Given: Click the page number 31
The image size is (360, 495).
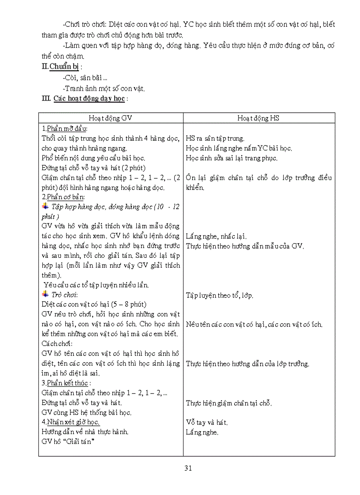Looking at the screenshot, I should point(188,468).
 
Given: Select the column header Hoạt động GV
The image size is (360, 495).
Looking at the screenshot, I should point(110,118).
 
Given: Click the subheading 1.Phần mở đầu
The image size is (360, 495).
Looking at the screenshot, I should point(65,128).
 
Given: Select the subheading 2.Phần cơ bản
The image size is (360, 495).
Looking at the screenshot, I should point(64,197).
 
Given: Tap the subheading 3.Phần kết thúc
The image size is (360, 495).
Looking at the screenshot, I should point(65,383).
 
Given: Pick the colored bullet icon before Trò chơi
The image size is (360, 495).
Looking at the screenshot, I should point(45,294).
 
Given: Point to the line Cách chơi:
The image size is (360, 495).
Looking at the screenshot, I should point(57,343).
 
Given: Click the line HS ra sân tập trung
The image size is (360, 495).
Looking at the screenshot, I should point(215,138).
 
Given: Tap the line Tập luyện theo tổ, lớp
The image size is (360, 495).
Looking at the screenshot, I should point(219,295).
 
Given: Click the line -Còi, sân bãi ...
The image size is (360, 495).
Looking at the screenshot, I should point(82,78).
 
